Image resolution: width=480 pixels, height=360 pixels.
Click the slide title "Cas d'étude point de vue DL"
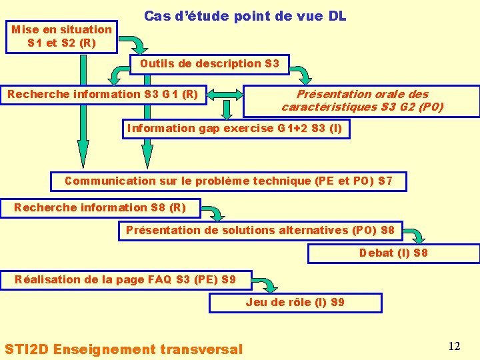click(x=245, y=16)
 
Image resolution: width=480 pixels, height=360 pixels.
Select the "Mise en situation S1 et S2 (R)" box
click(x=62, y=36)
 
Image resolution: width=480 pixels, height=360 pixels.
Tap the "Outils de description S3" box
click(x=209, y=64)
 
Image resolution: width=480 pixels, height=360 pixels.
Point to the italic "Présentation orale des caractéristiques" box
click(x=362, y=101)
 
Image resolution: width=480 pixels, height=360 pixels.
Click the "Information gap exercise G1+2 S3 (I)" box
click(x=235, y=129)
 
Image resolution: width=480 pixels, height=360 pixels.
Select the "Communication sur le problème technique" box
click(x=228, y=181)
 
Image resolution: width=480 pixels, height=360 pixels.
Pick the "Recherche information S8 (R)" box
click(x=100, y=207)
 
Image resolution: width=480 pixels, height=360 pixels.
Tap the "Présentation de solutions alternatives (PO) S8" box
click(x=260, y=231)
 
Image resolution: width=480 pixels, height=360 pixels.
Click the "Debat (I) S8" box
click(x=393, y=253)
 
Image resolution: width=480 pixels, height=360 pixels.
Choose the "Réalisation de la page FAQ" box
click(x=125, y=279)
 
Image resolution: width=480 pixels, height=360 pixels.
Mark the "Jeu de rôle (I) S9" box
click(x=295, y=303)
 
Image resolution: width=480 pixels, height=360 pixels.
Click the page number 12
click(x=454, y=346)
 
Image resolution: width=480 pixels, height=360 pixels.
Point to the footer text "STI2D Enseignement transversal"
click(x=124, y=349)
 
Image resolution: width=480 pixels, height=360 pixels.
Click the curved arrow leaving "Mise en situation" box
click(x=137, y=45)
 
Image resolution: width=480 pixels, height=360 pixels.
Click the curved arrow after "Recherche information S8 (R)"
click(x=213, y=213)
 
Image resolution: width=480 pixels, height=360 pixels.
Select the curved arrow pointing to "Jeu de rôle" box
click(x=267, y=284)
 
